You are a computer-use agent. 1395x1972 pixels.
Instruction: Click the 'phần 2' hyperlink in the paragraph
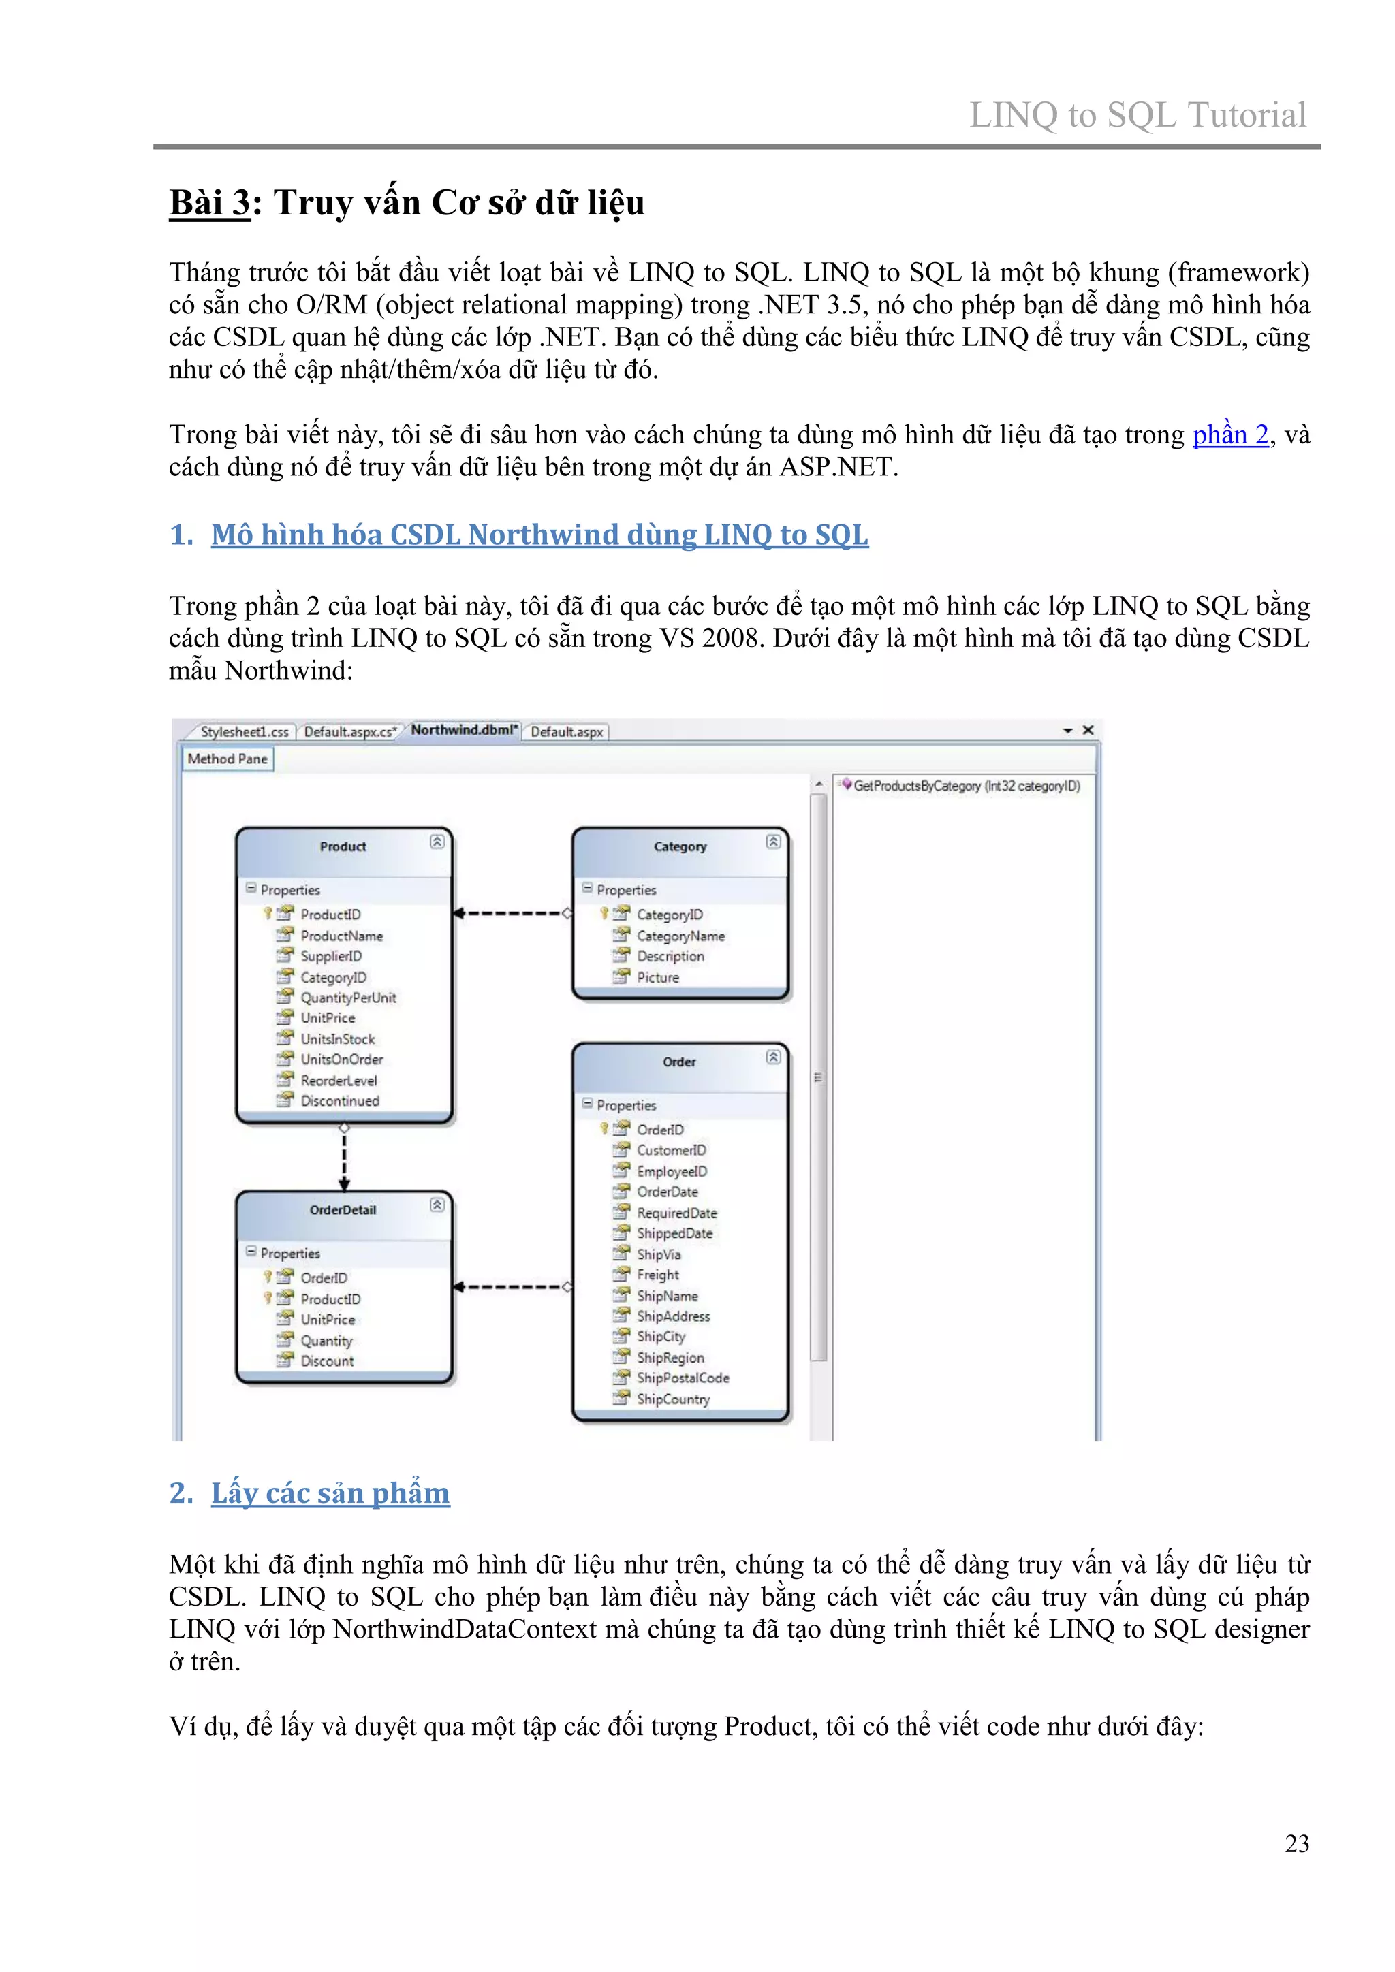coord(1230,434)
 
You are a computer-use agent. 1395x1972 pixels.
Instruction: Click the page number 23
coord(1296,1843)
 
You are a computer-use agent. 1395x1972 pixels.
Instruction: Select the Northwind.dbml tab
coord(464,730)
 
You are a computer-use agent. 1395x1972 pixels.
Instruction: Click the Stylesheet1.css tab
coord(244,732)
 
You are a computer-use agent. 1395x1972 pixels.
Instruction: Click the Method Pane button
coord(228,759)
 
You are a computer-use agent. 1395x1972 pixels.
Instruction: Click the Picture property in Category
coord(657,977)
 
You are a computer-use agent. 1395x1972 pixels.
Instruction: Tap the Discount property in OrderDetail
coord(326,1361)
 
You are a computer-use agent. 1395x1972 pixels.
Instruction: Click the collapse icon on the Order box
coord(773,1057)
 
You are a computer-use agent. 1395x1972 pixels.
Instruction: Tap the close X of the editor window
coord(1088,730)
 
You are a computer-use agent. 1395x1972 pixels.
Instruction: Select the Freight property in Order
coord(657,1275)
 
